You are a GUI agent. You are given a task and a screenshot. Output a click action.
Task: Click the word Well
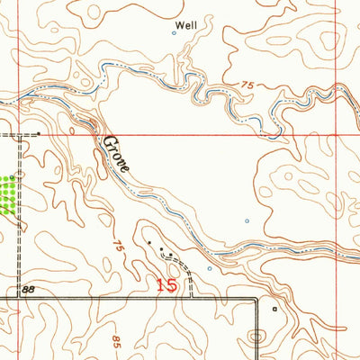[185, 26]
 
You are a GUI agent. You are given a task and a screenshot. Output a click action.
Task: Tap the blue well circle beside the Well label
[174, 33]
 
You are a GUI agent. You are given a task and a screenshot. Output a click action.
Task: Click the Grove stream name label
[117, 154]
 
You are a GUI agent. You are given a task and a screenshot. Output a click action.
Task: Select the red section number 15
[166, 285]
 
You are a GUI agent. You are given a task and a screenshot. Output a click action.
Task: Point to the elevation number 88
[29, 289]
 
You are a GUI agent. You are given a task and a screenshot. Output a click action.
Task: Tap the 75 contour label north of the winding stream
[247, 85]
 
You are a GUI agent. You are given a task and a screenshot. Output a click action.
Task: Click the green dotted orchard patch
[8, 193]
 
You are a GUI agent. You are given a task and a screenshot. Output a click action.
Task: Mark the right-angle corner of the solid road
[258, 298]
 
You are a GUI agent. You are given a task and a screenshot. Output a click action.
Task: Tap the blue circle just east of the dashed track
[209, 267]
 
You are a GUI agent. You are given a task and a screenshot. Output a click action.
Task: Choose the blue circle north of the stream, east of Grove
[247, 220]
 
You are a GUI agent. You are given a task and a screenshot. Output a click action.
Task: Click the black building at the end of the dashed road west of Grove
[40, 135]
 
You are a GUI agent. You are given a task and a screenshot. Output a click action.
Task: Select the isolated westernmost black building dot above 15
[149, 241]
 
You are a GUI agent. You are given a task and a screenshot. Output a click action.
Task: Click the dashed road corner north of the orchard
[20, 136]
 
